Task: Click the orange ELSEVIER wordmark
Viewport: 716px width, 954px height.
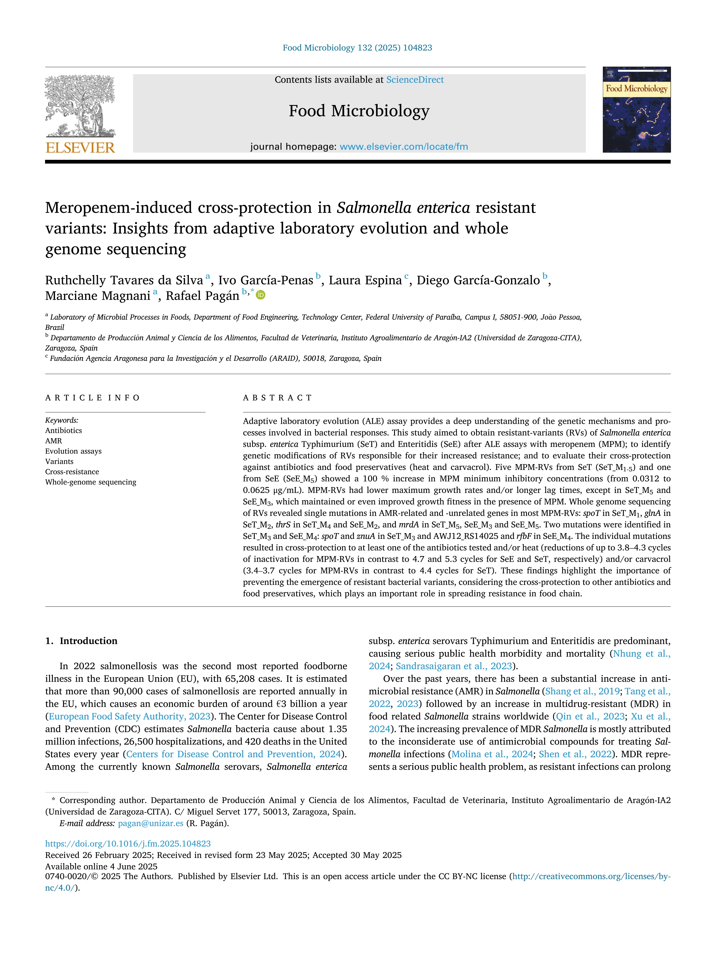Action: pyautogui.click(x=80, y=148)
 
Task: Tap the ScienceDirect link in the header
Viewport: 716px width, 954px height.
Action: pyautogui.click(x=415, y=80)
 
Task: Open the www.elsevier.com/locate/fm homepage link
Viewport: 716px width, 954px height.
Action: pyautogui.click(x=404, y=147)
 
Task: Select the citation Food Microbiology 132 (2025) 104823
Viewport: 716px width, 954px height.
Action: pyautogui.click(x=357, y=48)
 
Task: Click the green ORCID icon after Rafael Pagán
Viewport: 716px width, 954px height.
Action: pyautogui.click(x=261, y=295)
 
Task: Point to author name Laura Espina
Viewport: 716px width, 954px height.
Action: pyautogui.click(x=365, y=280)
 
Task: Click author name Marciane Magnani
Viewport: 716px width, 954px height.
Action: pyautogui.click(x=98, y=296)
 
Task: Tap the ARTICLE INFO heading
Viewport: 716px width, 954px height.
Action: pyautogui.click(x=92, y=398)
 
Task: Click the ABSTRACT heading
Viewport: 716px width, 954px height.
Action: pyautogui.click(x=277, y=398)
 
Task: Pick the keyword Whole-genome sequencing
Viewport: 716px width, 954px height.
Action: pyautogui.click(x=91, y=482)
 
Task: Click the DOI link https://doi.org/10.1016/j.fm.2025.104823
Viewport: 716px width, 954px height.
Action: pyautogui.click(x=128, y=844)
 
